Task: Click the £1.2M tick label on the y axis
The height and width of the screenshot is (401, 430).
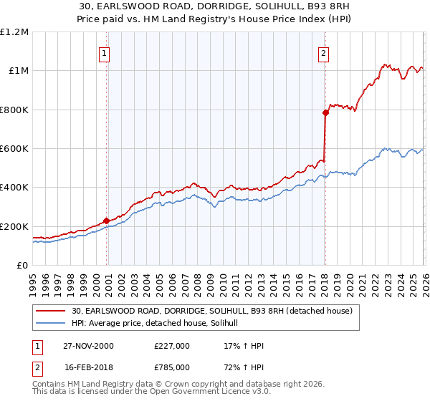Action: point(15,32)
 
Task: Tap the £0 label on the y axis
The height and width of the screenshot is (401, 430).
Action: point(22,266)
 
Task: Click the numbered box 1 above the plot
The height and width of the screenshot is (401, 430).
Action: point(105,52)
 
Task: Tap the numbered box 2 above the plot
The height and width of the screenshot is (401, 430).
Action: point(324,52)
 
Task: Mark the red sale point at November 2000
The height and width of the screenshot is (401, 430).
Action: point(107,221)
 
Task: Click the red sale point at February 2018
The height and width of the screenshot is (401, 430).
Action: point(325,112)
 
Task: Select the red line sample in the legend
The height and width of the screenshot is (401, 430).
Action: point(52,311)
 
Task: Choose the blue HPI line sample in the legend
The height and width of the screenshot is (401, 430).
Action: point(52,324)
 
